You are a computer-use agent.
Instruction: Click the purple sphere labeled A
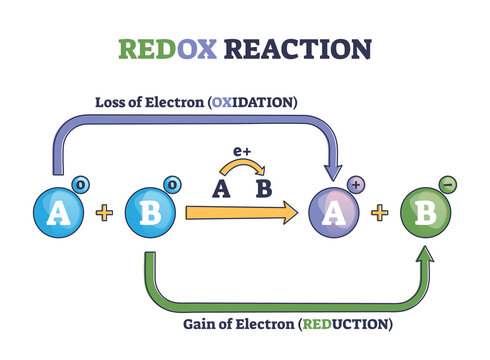click(x=334, y=213)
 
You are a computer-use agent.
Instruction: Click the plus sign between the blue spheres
click(x=103, y=213)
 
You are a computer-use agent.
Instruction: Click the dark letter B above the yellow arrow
click(x=264, y=186)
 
